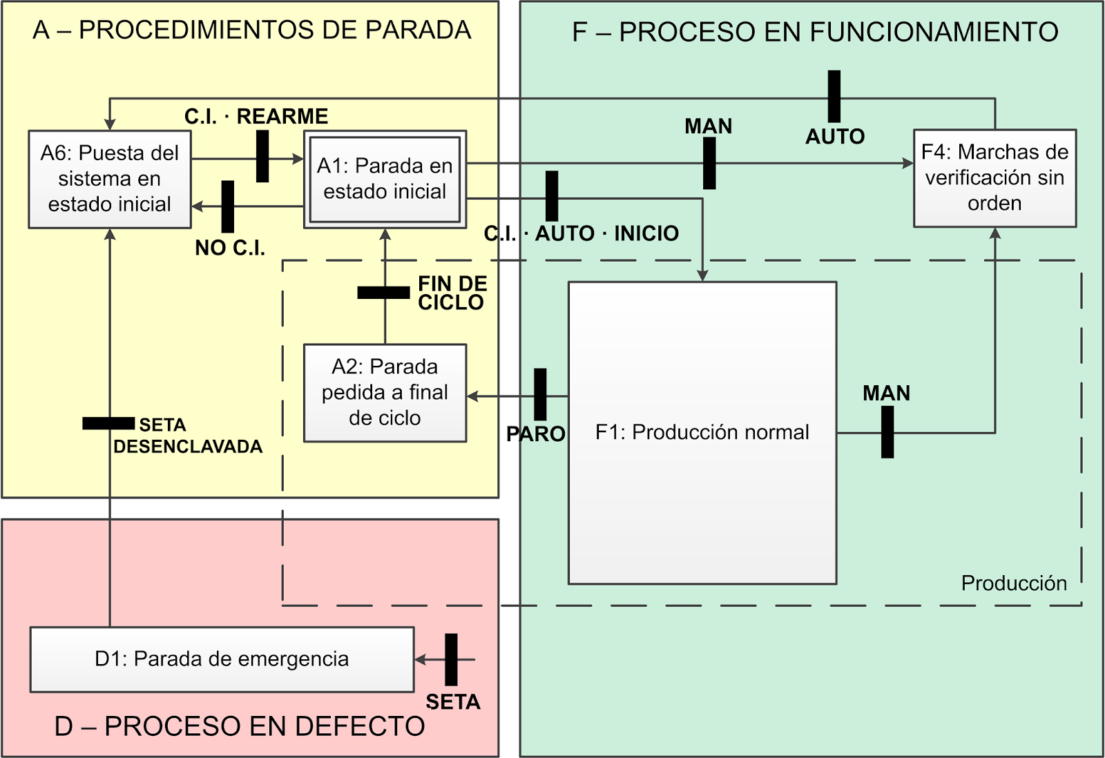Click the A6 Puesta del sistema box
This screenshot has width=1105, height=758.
click(109, 179)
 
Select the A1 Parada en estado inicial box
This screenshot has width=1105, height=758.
click(385, 179)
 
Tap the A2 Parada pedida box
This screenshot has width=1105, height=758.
click(385, 392)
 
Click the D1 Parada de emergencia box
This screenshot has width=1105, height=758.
click(222, 659)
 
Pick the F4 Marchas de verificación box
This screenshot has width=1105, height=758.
click(995, 177)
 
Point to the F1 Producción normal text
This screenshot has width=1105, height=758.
click(702, 432)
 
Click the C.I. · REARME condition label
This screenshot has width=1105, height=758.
click(256, 116)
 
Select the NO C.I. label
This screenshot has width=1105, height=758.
click(230, 248)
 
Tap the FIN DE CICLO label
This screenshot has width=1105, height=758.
click(452, 293)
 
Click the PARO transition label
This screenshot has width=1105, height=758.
click(536, 434)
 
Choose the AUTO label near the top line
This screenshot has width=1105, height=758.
click(835, 137)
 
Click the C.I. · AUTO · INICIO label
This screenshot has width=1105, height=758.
click(582, 233)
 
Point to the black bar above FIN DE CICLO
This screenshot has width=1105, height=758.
click(383, 293)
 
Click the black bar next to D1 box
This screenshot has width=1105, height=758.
click(451, 659)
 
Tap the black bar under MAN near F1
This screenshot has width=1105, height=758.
click(887, 432)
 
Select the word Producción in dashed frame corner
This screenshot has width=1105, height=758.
click(1014, 583)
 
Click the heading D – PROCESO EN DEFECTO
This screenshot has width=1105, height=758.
click(240, 726)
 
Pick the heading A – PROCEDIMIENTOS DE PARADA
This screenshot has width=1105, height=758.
click(251, 30)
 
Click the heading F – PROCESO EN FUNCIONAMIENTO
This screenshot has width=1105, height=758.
click(815, 32)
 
